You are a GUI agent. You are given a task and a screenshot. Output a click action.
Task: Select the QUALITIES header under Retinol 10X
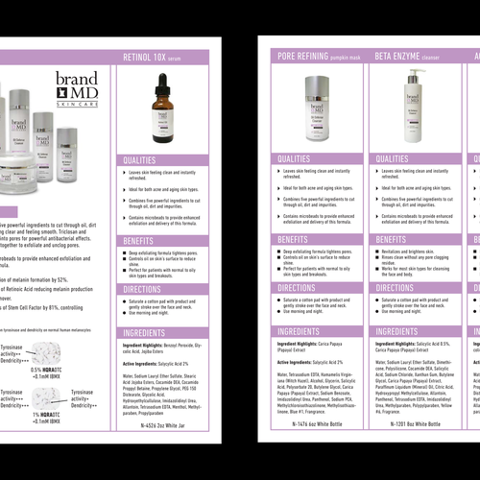coord(140,160)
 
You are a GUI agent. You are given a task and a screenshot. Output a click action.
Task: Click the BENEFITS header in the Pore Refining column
coord(293,239)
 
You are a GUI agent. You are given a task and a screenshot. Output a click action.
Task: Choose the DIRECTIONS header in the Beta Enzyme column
coord(398,287)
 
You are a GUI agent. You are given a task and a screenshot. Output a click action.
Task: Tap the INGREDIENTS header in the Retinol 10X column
coord(144,331)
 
